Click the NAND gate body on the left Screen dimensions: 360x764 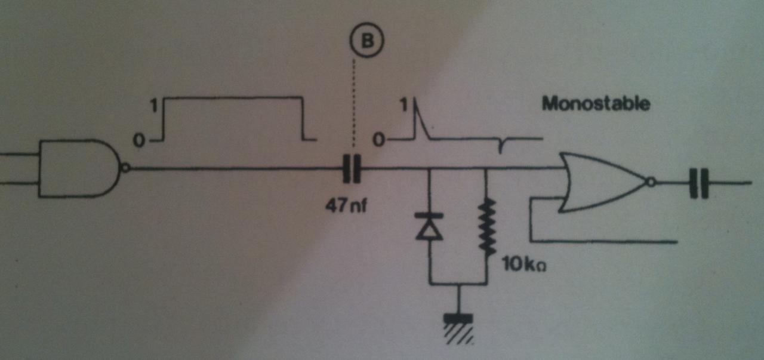78,168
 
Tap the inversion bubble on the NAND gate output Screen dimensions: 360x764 124,168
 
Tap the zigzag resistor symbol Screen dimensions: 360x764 487,227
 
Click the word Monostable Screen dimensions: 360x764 595,104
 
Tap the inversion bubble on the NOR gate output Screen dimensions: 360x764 652,181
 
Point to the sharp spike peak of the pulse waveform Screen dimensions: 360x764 415,106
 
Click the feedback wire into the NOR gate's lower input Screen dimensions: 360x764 597,242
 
